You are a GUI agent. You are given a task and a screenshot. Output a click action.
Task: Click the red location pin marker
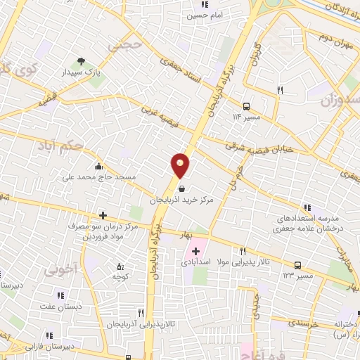[180, 165]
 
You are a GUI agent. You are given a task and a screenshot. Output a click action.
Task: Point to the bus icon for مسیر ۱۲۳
[300, 266]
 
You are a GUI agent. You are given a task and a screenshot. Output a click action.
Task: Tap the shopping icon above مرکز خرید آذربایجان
[183, 188]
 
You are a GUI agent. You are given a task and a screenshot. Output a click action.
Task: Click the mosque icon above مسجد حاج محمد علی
[98, 167]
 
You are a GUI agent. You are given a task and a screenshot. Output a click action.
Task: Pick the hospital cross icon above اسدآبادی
[195, 251]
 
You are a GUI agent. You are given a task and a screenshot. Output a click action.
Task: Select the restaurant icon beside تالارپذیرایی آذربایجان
[141, 313]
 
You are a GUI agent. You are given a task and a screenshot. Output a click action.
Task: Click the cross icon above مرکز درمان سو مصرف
[103, 215]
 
